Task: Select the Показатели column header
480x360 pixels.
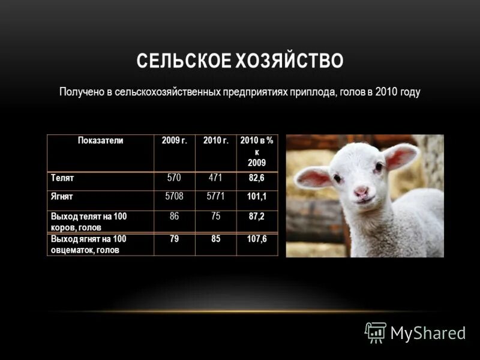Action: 100,140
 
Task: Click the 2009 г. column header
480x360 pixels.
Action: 175,140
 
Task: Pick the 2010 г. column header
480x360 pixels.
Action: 215,140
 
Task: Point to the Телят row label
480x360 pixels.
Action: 62,178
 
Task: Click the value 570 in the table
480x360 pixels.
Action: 174,178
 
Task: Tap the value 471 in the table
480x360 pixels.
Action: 215,178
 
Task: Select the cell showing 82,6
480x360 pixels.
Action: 256,178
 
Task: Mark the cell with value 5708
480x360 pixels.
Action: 174,196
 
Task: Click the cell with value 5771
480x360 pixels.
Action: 215,196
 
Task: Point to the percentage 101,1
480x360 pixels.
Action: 256,196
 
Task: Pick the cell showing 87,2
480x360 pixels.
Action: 256,215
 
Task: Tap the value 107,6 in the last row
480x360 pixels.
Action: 256,239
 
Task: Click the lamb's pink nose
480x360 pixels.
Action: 361,192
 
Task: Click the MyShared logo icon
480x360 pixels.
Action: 376,332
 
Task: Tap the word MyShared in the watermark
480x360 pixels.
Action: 428,333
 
